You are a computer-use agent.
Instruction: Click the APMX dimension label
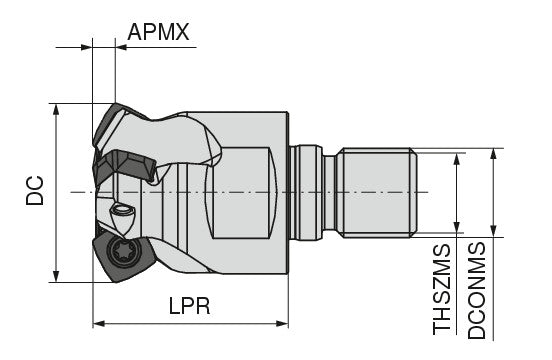pyautogui.click(x=158, y=32)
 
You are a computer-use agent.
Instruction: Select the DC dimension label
pyautogui.click(x=35, y=190)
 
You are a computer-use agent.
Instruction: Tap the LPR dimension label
pyautogui.click(x=189, y=306)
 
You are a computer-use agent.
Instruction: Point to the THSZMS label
pyautogui.click(x=441, y=289)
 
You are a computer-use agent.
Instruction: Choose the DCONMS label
pyautogui.click(x=477, y=290)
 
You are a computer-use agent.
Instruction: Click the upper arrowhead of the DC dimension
pyautogui.click(x=56, y=109)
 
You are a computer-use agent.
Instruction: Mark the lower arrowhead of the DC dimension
pyautogui.click(x=56, y=277)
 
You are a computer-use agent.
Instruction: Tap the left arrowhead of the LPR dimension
pyautogui.click(x=99, y=324)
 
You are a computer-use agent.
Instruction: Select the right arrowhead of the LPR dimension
pyautogui.click(x=282, y=324)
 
